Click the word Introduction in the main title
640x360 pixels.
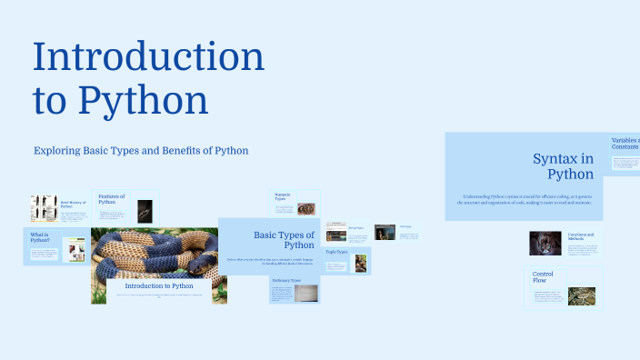[x=149, y=57]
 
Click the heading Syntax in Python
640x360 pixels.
[x=563, y=165]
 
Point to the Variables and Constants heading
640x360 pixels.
[x=625, y=144]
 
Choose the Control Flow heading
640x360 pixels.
[x=544, y=276]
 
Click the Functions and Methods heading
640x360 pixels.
[x=581, y=236]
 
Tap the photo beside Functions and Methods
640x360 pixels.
[x=545, y=243]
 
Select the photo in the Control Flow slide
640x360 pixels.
[x=581, y=296]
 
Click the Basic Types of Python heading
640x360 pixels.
[x=284, y=240]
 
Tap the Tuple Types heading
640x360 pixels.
[x=337, y=251]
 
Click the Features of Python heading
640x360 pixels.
[x=111, y=198]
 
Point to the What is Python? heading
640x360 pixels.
[x=40, y=238]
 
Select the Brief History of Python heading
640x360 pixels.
[x=73, y=204]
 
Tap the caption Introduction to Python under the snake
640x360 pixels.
[x=159, y=285]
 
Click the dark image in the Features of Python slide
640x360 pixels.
[x=145, y=210]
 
